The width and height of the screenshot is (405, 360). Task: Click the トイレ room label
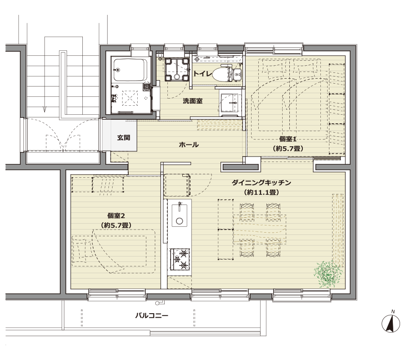(202, 74)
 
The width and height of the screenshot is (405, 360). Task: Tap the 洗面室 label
(193, 101)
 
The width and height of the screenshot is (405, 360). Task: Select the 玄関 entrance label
(123, 138)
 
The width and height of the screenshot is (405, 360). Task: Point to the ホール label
(189, 144)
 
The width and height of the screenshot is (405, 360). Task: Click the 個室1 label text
(288, 139)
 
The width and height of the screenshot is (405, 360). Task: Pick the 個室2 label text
(116, 216)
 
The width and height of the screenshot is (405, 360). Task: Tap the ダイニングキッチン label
(261, 183)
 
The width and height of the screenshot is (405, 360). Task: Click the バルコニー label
(152, 315)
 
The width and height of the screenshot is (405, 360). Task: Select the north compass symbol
(391, 322)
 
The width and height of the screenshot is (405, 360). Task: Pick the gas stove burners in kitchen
(180, 259)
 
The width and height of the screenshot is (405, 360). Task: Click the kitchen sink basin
(180, 216)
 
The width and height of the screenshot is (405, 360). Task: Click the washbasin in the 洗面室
(230, 103)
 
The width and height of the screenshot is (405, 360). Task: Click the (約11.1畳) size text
(261, 193)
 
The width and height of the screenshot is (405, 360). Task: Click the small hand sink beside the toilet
(237, 74)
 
